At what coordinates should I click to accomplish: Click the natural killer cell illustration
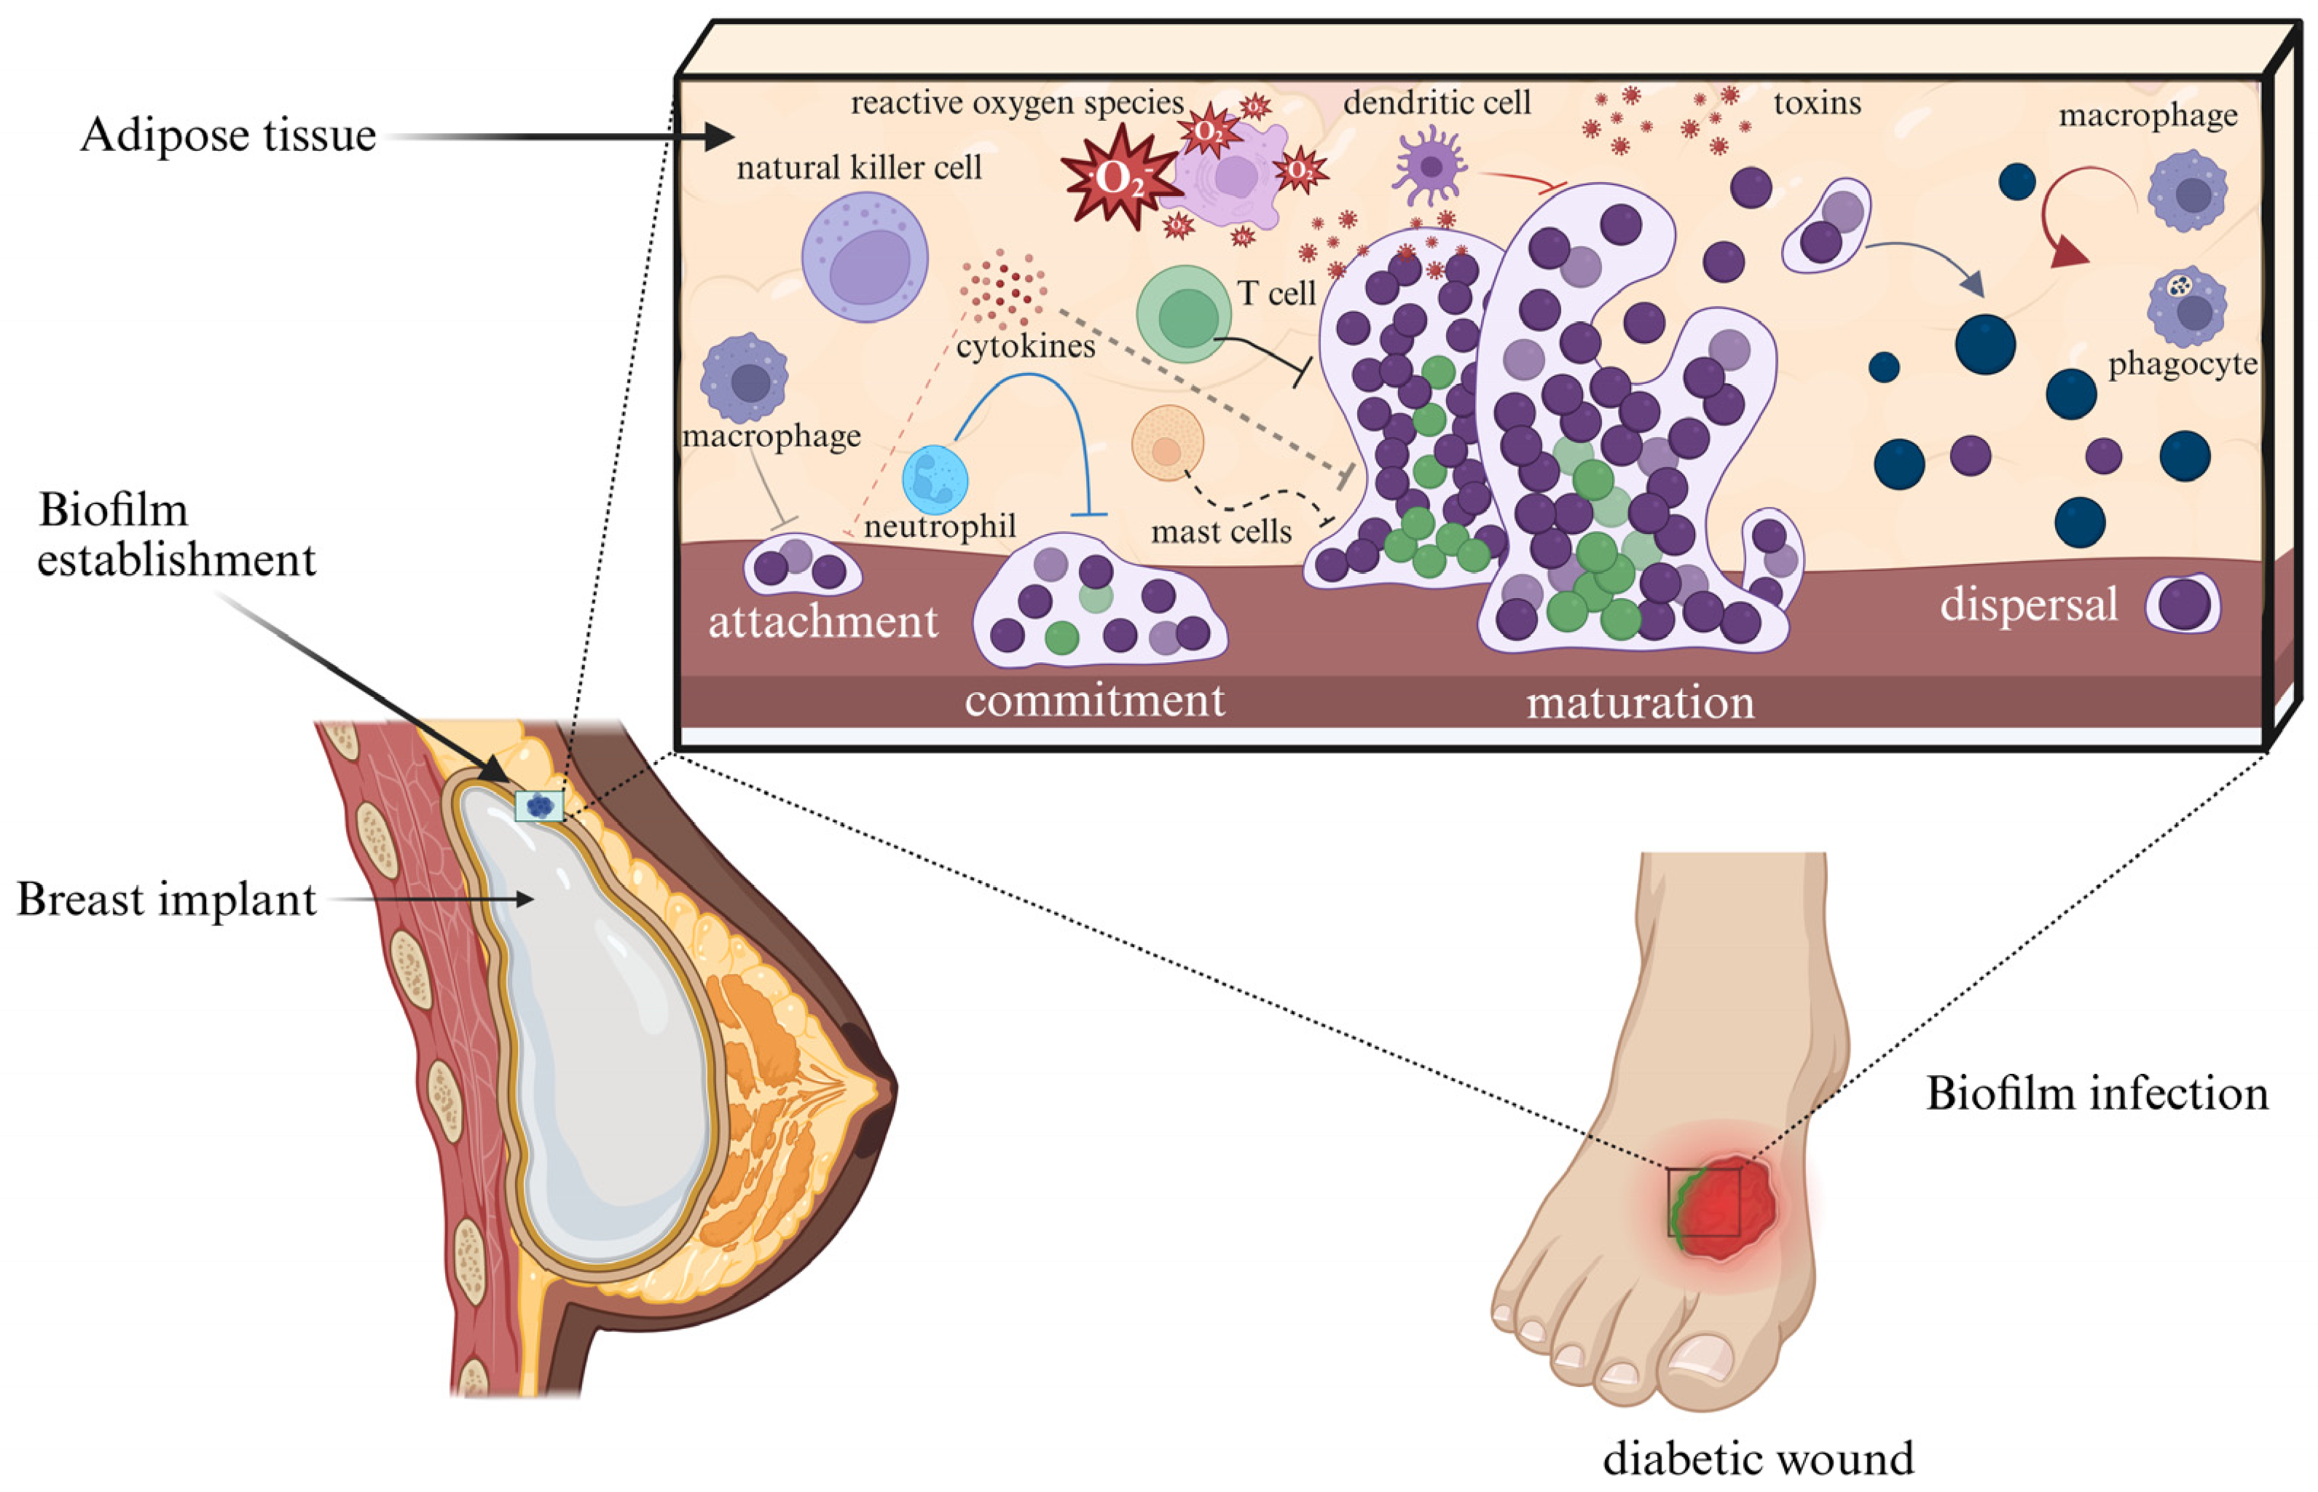point(864,256)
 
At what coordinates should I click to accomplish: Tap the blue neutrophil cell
point(935,479)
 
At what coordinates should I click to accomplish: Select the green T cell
point(1184,314)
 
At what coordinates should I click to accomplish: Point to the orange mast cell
point(1167,444)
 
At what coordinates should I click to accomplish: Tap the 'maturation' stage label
point(1640,702)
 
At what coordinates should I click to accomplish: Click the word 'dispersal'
point(2028,605)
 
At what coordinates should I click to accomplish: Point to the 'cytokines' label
point(1025,346)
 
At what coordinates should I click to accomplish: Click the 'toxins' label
point(1818,103)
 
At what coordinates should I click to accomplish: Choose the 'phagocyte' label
point(2183,364)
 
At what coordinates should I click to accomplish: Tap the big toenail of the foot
point(1702,1357)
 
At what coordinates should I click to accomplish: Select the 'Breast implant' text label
point(167,900)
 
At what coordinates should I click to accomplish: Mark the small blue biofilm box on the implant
point(538,805)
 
